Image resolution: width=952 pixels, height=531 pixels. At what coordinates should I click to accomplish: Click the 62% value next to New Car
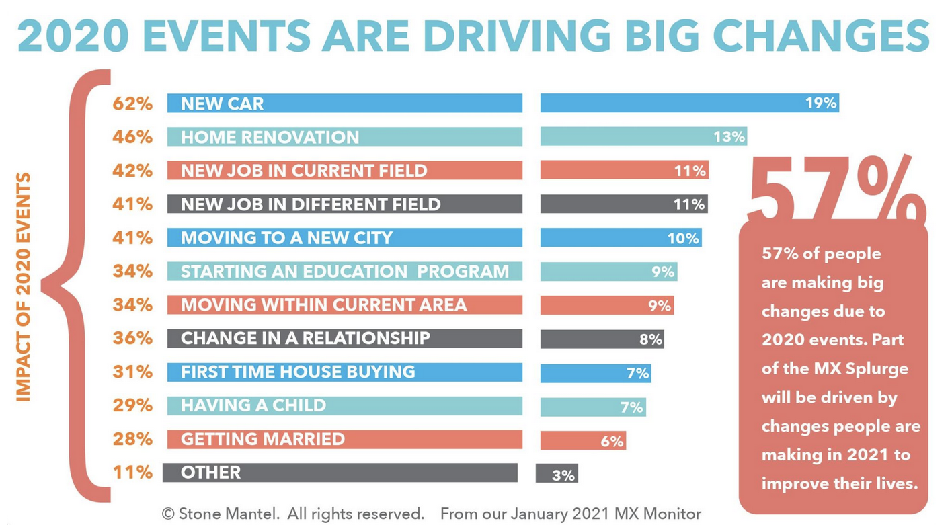point(132,104)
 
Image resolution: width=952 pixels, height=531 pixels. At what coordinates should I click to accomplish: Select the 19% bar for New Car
point(689,103)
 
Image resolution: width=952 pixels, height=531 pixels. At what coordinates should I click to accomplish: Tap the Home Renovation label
point(270,137)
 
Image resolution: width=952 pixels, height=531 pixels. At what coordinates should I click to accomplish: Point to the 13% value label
point(729,137)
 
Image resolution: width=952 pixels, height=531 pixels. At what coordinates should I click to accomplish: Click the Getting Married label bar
point(344,439)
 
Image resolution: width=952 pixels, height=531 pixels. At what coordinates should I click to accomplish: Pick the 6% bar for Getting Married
point(583,441)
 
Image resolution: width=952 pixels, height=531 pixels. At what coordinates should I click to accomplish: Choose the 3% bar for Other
point(557,475)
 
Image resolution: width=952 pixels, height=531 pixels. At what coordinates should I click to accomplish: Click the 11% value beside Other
point(132,472)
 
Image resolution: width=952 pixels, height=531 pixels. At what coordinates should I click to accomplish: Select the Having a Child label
point(253,405)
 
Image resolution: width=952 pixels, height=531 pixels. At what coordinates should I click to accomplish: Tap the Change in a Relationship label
point(305,338)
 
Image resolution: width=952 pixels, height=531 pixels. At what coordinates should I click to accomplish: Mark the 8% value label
point(651,339)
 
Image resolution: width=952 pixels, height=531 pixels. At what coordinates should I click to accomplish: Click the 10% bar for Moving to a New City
point(621,238)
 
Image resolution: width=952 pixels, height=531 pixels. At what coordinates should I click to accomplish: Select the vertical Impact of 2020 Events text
point(24,287)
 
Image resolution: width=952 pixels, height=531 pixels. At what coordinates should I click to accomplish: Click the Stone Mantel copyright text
point(293,514)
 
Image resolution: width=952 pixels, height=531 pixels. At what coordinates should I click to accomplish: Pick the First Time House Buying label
point(298,372)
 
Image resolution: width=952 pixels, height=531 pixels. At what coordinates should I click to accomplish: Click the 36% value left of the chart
point(132,337)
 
